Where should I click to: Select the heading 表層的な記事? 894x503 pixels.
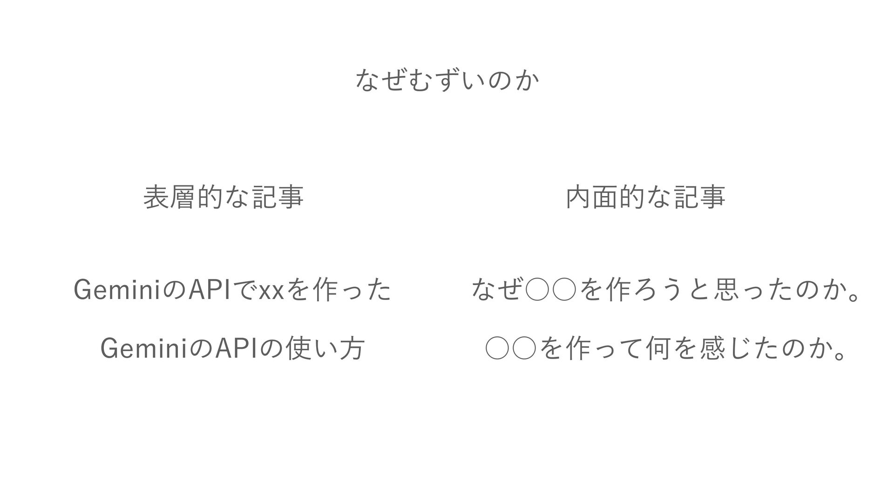tap(223, 197)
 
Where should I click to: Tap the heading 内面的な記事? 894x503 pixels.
tap(645, 197)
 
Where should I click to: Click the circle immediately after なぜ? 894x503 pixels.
tap(536, 292)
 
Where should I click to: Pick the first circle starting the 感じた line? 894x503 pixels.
tap(496, 349)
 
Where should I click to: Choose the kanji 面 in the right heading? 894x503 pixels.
tap(605, 197)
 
